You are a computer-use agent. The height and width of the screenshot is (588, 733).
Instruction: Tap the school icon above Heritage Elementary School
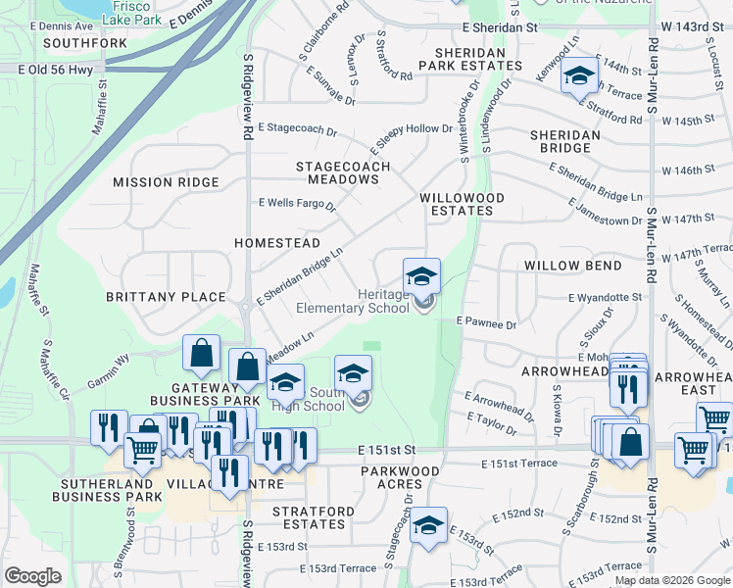[x=421, y=275]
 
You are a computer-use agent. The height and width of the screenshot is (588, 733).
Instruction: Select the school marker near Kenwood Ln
[x=579, y=74]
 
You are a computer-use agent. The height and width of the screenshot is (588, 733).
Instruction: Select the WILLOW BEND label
[x=572, y=266]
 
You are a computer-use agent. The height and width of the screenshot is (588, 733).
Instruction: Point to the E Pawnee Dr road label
[x=486, y=320]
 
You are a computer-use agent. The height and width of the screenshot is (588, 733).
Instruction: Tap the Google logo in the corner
[x=33, y=576]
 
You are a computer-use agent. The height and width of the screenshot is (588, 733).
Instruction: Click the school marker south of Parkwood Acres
[x=428, y=526]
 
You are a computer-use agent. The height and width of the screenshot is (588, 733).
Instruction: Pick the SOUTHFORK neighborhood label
[x=85, y=44]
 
